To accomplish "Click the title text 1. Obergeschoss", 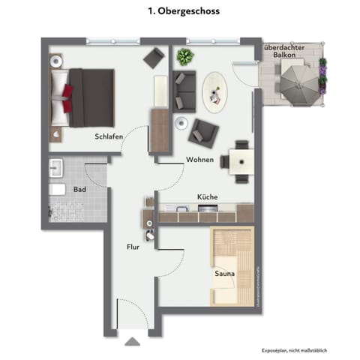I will pyautogui.click(x=179, y=12).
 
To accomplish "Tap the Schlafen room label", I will pyautogui.click(x=109, y=136).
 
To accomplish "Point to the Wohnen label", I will pyautogui.click(x=200, y=160).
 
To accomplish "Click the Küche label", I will pyautogui.click(x=207, y=196).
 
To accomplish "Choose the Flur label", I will pyautogui.click(x=133, y=245).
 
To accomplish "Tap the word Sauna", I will pyautogui.click(x=224, y=274).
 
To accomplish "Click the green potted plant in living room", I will pyautogui.click(x=184, y=56).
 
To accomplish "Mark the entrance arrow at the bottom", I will pyautogui.click(x=132, y=341).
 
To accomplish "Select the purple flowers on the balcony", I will pyautogui.click(x=322, y=73).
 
